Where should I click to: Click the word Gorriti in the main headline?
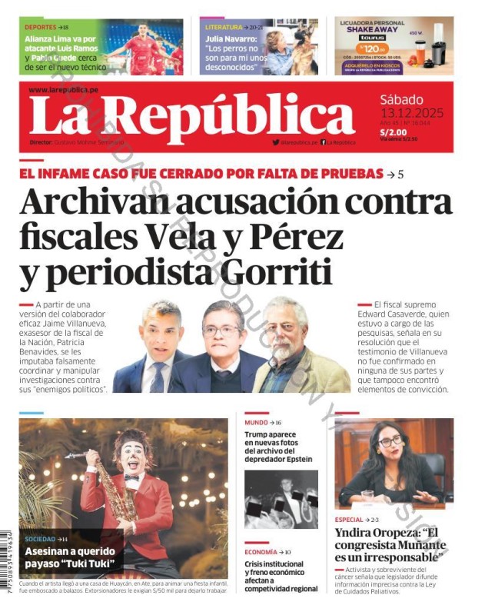coord(273,274)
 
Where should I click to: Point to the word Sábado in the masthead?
coord(401,99)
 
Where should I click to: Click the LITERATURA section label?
coord(223,27)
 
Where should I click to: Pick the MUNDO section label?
coord(256,423)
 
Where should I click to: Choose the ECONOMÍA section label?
coord(261,552)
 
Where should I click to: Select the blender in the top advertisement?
coord(437,48)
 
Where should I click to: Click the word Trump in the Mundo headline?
coord(260,435)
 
